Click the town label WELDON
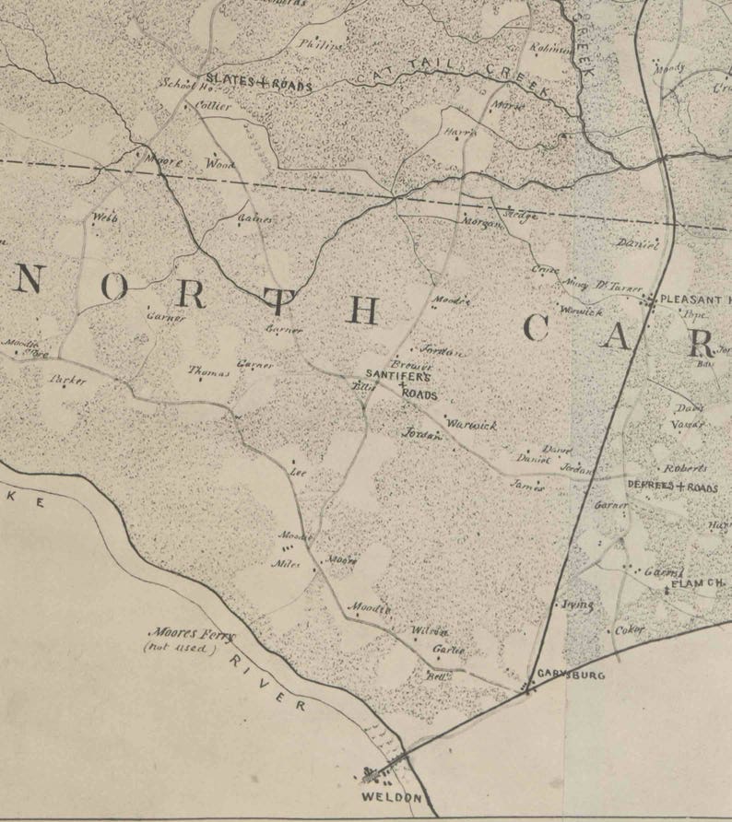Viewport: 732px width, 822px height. pos(391,797)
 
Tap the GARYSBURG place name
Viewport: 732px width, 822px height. pos(572,675)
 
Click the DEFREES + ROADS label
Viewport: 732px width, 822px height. pos(672,487)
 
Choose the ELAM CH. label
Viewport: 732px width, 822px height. pos(698,585)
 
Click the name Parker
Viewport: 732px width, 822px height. pos(69,379)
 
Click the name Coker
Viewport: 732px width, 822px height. pos(630,630)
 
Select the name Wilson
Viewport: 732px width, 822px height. pos(430,631)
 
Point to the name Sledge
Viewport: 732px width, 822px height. pos(520,215)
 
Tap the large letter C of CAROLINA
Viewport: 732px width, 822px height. pos(537,329)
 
